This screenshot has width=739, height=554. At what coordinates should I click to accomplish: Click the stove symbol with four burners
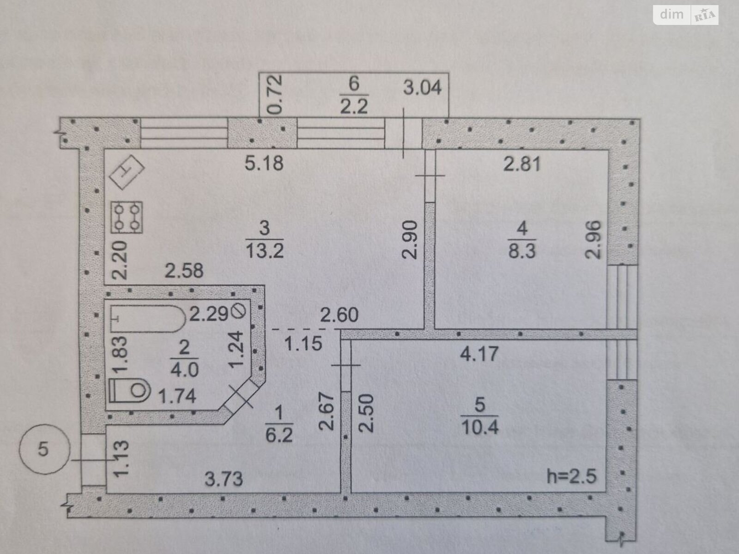(127, 217)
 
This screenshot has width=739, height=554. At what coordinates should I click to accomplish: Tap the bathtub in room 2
(148, 319)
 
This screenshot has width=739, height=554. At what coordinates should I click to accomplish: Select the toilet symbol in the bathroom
(129, 391)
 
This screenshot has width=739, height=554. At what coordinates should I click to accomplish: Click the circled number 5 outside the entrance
(44, 449)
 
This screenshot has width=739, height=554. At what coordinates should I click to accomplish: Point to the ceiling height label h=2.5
(571, 476)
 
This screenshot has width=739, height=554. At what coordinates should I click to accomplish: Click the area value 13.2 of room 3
(265, 251)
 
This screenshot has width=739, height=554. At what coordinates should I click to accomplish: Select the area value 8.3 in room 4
(522, 251)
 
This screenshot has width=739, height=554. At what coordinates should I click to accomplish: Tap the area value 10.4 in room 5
(480, 428)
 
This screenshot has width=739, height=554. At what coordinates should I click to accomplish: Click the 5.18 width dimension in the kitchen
(264, 163)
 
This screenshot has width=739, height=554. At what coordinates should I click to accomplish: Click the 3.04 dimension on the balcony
(422, 88)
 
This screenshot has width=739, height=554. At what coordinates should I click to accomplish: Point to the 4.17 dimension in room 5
(479, 354)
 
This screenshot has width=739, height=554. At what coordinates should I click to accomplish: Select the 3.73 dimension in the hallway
(224, 479)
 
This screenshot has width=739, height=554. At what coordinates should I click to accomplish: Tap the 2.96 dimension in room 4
(593, 240)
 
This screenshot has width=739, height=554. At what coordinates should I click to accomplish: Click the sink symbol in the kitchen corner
(127, 172)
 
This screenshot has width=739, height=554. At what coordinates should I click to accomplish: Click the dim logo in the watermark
(671, 14)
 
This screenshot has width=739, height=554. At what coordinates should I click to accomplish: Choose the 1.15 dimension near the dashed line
(303, 344)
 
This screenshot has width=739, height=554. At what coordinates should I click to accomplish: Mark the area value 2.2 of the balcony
(354, 107)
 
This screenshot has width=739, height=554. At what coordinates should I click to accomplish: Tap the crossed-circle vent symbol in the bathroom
(240, 311)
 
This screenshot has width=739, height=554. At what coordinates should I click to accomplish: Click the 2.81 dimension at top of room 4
(522, 164)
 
